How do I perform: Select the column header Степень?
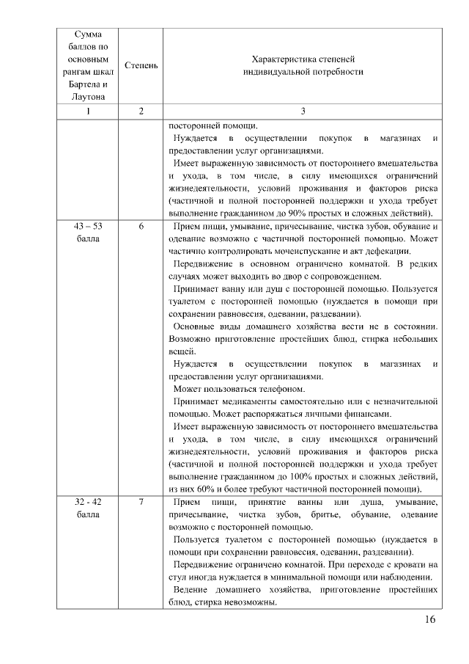140,65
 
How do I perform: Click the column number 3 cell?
303,111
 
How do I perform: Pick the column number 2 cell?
140,111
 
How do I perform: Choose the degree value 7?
140,501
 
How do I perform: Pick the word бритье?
323,514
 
